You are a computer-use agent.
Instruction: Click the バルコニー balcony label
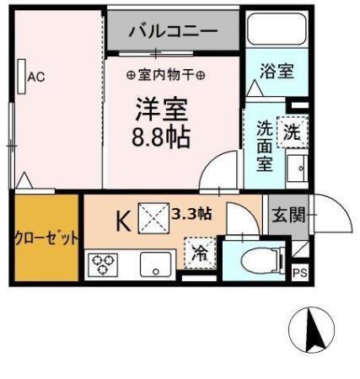click(x=173, y=32)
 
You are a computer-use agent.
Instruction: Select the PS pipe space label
click(x=300, y=273)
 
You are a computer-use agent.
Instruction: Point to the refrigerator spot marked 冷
click(x=200, y=252)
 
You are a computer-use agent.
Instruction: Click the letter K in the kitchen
click(x=123, y=222)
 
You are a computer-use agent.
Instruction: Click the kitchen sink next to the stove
click(x=154, y=264)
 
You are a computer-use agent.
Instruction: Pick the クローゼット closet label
click(x=46, y=238)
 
